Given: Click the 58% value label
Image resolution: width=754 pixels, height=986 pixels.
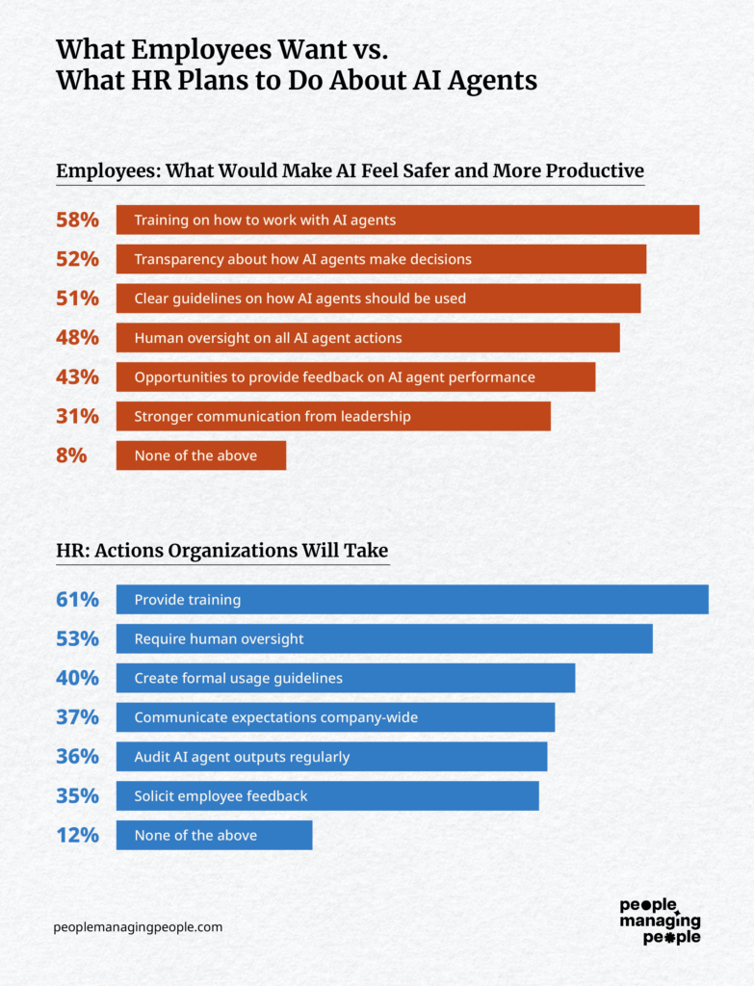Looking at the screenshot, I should tap(77, 220).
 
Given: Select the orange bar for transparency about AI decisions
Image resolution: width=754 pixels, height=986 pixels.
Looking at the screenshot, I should tap(380, 259).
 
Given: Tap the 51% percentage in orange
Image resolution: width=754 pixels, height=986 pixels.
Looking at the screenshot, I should tap(77, 298).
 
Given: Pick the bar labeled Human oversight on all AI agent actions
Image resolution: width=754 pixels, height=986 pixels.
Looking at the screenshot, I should tap(367, 338).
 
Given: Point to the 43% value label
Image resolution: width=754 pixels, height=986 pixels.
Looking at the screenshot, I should tap(77, 377).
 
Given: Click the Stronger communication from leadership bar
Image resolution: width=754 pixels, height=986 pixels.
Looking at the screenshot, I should tap(332, 416).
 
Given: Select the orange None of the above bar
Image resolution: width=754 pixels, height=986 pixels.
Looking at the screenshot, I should tap(200, 455).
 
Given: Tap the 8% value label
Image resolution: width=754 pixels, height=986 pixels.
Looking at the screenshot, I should tap(71, 455).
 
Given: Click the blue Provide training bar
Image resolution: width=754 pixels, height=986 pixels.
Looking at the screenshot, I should tap(411, 599).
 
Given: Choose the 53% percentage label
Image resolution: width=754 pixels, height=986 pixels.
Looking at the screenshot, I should tap(77, 638).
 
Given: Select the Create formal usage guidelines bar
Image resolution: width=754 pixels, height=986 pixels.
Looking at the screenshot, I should tap(345, 678).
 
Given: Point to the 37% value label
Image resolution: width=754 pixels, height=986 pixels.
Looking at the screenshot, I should tap(77, 717).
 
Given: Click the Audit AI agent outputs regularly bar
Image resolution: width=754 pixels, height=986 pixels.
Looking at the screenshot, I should tap(331, 757).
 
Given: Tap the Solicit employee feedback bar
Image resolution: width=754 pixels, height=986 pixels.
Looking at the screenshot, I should tap(326, 796).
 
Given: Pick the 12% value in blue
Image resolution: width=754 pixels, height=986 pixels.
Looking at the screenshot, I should tap(77, 835).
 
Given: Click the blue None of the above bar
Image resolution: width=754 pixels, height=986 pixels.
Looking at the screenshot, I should tap(214, 835).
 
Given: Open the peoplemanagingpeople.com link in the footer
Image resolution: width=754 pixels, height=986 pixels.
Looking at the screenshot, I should tap(138, 927).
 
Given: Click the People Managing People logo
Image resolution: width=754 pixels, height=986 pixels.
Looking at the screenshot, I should tap(660, 921).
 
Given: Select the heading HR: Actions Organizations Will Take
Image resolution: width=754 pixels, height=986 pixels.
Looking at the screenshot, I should tap(221, 551).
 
